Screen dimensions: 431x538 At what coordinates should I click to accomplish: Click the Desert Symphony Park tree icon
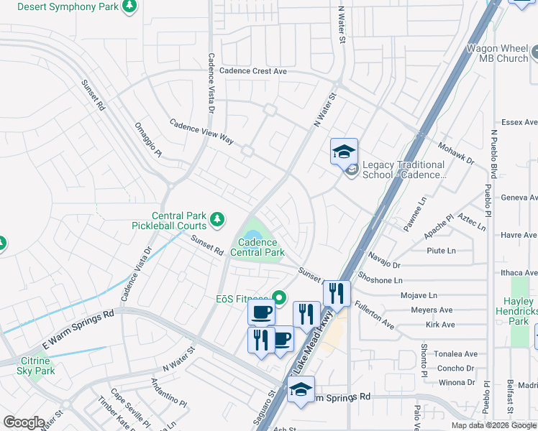coord(129,6)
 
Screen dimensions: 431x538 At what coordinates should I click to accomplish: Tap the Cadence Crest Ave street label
coord(253,71)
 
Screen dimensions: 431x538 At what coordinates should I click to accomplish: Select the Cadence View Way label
coord(201,131)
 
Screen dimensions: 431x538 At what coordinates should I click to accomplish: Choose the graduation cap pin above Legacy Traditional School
coord(344,152)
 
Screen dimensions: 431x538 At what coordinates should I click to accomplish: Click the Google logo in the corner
coord(24,422)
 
